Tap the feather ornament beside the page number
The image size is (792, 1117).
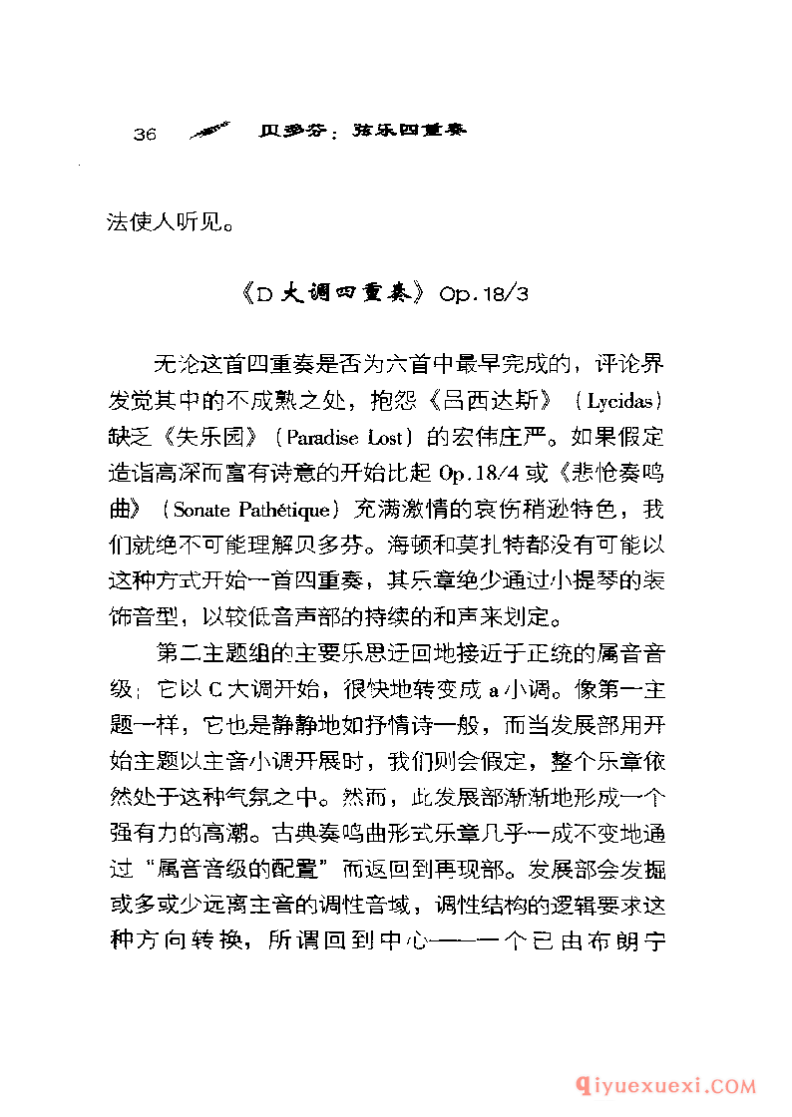tap(209, 132)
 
